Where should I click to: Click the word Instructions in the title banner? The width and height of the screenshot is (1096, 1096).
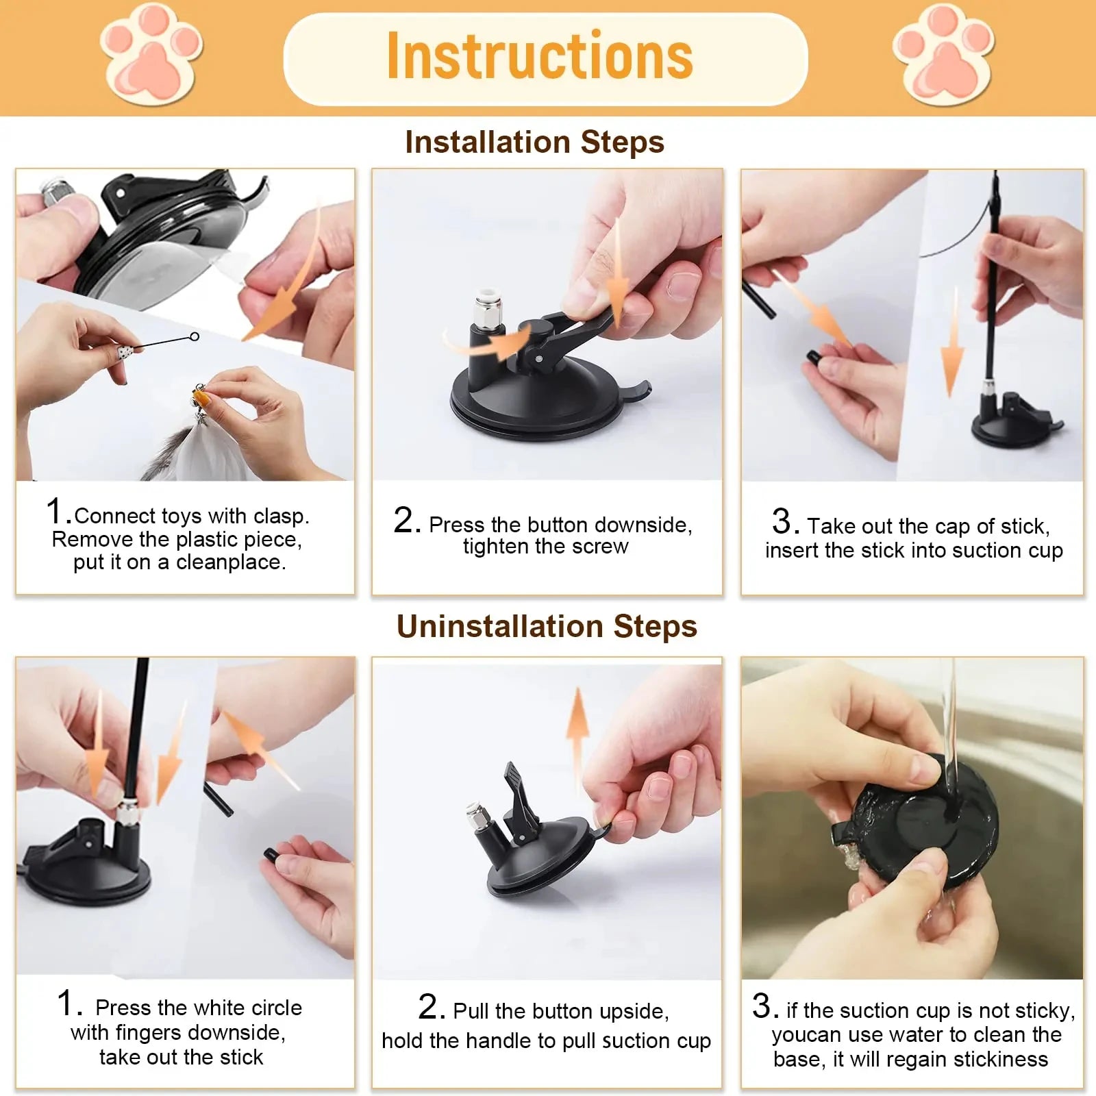tap(540, 56)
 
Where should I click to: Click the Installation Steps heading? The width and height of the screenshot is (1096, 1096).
tap(534, 142)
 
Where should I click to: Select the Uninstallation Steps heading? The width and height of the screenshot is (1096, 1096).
tap(547, 626)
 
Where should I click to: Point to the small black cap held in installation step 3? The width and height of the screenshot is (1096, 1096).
tap(813, 357)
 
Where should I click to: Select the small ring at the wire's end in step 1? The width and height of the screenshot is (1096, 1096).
tap(195, 336)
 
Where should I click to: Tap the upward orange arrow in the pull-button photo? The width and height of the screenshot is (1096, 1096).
tap(577, 726)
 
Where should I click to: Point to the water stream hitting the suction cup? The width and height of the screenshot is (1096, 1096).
tap(949, 740)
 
